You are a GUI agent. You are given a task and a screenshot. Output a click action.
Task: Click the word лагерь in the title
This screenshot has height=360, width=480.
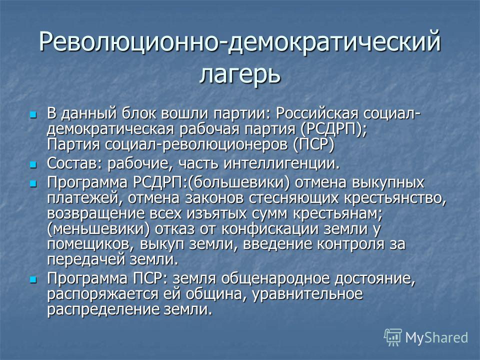(240, 74)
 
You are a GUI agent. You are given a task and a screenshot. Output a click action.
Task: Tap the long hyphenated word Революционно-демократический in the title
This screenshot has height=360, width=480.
(240, 41)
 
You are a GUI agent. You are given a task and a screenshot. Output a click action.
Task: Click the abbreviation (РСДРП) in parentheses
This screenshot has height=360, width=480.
(333, 129)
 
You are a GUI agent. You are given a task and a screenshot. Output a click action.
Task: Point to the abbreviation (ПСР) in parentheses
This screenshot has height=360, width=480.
(314, 145)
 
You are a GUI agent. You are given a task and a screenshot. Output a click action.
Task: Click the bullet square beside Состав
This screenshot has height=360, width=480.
(33, 165)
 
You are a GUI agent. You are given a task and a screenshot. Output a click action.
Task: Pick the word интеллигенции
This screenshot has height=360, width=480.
(282, 164)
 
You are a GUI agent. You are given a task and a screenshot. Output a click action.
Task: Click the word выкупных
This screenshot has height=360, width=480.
(388, 183)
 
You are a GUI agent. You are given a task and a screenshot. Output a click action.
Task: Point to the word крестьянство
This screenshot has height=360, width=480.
(395, 198)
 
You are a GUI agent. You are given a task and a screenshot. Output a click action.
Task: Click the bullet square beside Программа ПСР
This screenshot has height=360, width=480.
(33, 279)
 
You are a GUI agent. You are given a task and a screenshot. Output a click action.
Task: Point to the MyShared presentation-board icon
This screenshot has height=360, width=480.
(393, 337)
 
